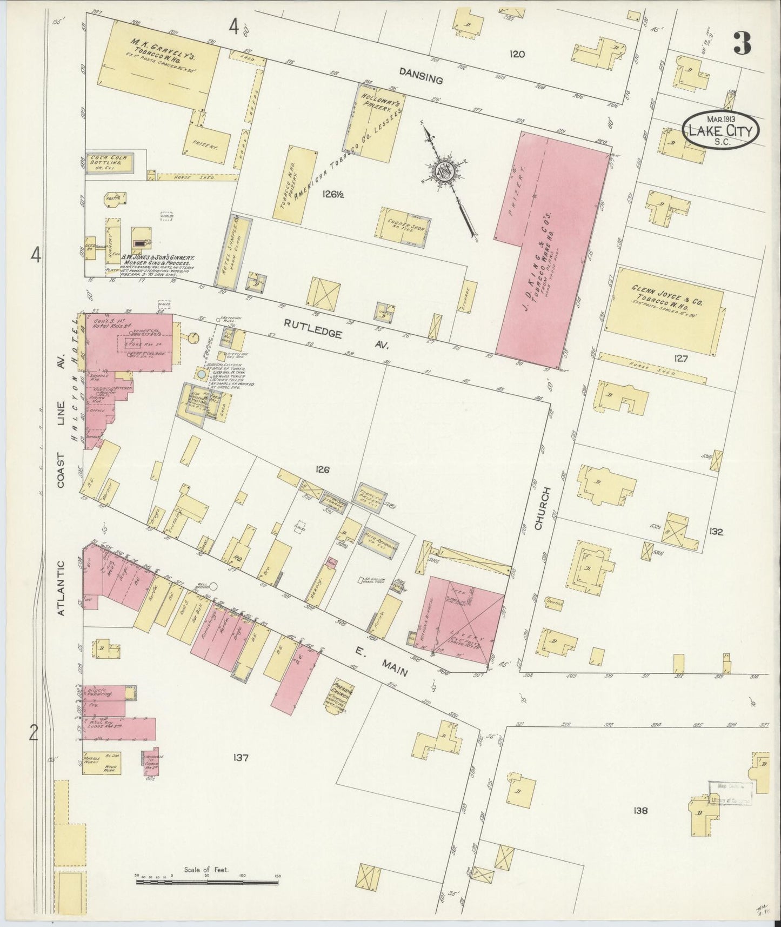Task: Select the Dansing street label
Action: pyautogui.click(x=421, y=75)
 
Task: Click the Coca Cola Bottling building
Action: pyautogui.click(x=109, y=162)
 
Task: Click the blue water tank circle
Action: pyautogui.click(x=202, y=374)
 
